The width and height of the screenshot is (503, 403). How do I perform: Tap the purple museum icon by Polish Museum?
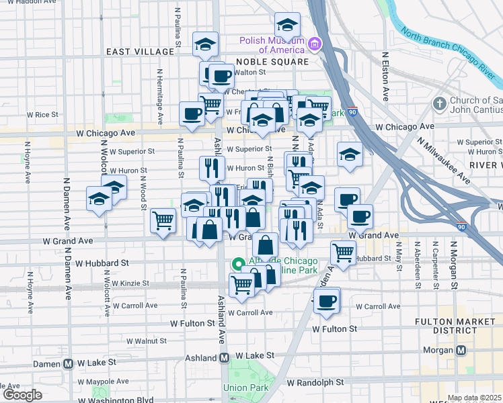click(x=314, y=45)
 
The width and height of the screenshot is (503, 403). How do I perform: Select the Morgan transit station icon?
click(x=461, y=350)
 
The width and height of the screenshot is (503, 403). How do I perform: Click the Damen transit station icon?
click(x=69, y=363)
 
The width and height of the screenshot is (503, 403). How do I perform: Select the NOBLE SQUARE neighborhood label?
click(x=272, y=62)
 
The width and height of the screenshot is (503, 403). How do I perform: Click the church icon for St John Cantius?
click(x=440, y=104)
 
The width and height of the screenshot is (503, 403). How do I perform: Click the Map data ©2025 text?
click(x=474, y=398)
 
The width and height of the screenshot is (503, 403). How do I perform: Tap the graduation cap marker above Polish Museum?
click(x=287, y=26)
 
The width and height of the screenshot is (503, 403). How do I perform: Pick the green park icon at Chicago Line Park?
click(x=237, y=264)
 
